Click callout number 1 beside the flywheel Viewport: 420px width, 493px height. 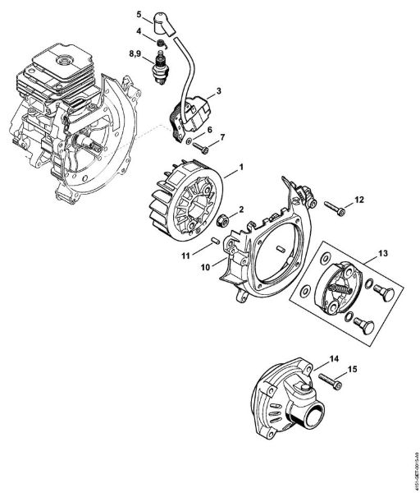pos(241,168)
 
